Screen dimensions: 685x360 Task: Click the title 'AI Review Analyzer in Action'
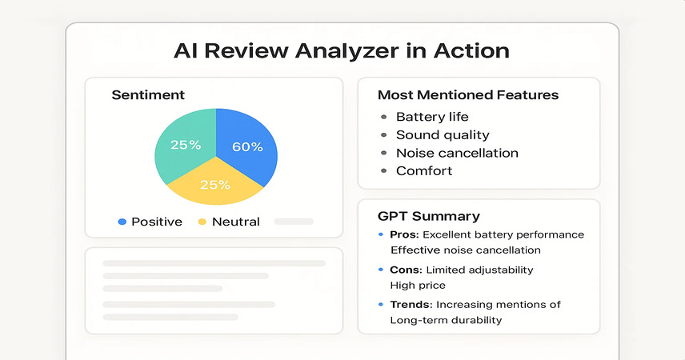pos(342,50)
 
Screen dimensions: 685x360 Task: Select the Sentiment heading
pos(148,95)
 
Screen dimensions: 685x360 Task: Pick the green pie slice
pos(183,142)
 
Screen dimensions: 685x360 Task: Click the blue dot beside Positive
pos(122,222)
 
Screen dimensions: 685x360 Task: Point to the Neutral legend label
pos(236,222)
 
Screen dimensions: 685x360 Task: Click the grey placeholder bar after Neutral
pos(294,222)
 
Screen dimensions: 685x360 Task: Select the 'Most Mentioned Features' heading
pos(468,95)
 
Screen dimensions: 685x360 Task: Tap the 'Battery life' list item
pos(432,117)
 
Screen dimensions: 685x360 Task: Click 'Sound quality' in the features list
pos(443,135)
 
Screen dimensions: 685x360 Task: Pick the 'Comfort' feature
pos(424,171)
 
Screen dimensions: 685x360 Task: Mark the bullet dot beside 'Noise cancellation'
pos(383,153)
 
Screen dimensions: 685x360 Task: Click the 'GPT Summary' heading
pos(429,216)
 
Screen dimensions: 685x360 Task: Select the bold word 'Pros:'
pos(405,234)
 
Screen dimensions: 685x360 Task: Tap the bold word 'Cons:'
pos(406,270)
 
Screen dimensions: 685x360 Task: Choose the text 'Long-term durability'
pos(446,320)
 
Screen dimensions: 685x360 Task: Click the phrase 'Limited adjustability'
pos(479,270)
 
